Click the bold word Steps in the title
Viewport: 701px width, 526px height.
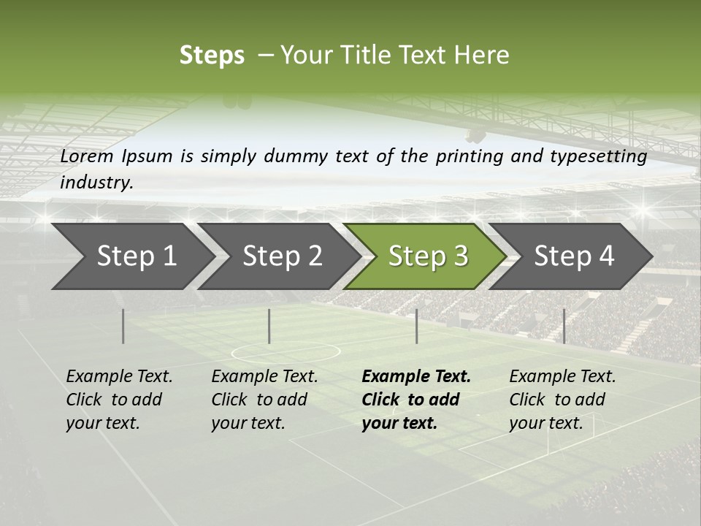(212, 56)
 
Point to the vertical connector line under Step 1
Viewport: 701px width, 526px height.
(123, 326)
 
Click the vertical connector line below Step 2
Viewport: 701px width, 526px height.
(269, 326)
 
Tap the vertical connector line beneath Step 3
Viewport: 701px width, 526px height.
(416, 326)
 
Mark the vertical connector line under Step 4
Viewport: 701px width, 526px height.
(564, 326)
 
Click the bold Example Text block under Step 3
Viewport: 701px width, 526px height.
(416, 400)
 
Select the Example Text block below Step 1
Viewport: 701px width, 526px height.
(119, 400)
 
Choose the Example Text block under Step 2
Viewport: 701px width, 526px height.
(264, 400)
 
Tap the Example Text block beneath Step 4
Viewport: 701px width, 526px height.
(562, 400)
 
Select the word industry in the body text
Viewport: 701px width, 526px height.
(96, 183)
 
